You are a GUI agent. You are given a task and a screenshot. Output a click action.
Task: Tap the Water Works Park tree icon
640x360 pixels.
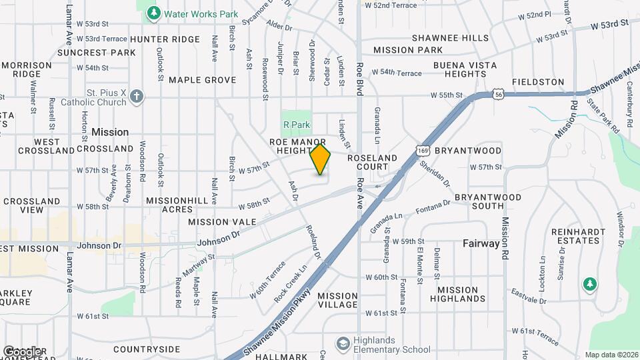click(x=154, y=13)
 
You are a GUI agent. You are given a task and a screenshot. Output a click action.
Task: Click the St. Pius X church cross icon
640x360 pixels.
click(x=137, y=97)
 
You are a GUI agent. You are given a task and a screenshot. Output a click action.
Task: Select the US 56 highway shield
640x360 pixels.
click(x=499, y=95)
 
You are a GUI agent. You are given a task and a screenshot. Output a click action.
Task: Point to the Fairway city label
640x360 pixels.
click(x=481, y=244)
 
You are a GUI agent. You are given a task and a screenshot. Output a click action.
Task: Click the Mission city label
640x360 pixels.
click(x=110, y=132)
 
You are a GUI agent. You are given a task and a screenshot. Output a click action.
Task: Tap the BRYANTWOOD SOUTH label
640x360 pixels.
click(x=487, y=202)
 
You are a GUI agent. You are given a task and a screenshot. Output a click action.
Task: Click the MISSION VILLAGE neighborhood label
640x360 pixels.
click(x=337, y=300)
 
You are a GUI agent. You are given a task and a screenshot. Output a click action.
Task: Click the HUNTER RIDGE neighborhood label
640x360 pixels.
click(x=164, y=39)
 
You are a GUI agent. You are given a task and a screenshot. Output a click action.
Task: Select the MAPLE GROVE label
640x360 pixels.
click(x=202, y=80)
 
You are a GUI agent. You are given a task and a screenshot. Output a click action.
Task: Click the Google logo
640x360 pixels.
click(x=23, y=351)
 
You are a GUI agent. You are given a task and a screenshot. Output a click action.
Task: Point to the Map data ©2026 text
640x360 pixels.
click(x=611, y=355)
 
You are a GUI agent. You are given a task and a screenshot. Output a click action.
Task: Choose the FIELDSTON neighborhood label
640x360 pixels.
click(x=538, y=81)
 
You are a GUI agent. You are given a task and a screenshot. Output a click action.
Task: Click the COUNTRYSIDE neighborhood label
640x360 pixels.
click(x=147, y=349)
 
